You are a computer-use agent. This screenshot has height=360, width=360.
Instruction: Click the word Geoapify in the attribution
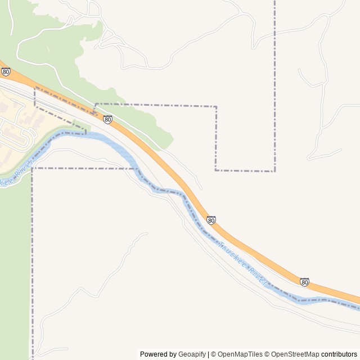click(x=192, y=354)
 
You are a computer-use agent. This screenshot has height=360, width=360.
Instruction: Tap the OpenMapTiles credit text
click(x=240, y=354)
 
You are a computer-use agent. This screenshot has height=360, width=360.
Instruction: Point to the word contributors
click(x=340, y=354)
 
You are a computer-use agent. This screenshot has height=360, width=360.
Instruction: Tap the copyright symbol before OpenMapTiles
click(x=213, y=354)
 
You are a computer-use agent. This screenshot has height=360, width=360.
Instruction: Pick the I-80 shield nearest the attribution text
click(x=304, y=281)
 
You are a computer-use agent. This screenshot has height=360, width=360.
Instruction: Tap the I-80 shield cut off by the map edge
click(x=6, y=71)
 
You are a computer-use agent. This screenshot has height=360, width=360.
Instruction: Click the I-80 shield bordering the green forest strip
click(x=107, y=119)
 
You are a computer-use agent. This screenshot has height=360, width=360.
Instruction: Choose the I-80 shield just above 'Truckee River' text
click(x=211, y=220)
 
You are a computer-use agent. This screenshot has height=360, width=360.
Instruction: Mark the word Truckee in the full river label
click(x=231, y=255)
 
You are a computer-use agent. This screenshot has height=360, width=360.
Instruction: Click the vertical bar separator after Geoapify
click(x=208, y=354)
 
